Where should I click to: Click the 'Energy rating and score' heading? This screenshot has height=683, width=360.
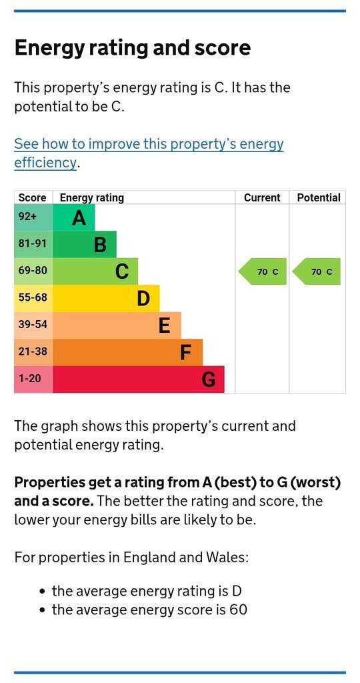[x=133, y=48]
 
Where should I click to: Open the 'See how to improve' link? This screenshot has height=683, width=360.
[x=149, y=153]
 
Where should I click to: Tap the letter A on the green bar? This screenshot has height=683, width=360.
[x=79, y=217]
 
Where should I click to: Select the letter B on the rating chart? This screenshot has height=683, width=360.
[x=100, y=245]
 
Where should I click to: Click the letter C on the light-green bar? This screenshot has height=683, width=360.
[x=122, y=272]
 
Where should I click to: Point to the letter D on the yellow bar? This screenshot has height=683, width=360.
[x=143, y=299]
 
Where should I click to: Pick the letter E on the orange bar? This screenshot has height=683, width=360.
[x=165, y=325]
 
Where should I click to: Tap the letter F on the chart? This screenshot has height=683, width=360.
[x=186, y=352]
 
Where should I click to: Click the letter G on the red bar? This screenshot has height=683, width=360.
[x=209, y=380]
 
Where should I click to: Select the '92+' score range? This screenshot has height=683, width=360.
[x=27, y=217]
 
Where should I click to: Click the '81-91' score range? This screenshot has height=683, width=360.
[x=32, y=243]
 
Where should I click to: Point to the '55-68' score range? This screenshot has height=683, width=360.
[x=32, y=297]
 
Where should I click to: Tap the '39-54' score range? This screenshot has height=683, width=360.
[x=32, y=324]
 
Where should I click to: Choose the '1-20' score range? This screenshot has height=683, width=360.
[x=29, y=378]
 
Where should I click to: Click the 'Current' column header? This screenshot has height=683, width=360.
[x=262, y=197]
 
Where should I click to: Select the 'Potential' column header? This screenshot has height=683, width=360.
[x=319, y=197]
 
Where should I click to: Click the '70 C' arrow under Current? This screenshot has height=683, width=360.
[x=263, y=271]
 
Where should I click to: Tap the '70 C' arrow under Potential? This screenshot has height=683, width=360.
[x=317, y=271]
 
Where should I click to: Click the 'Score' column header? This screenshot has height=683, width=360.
[x=32, y=197]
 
